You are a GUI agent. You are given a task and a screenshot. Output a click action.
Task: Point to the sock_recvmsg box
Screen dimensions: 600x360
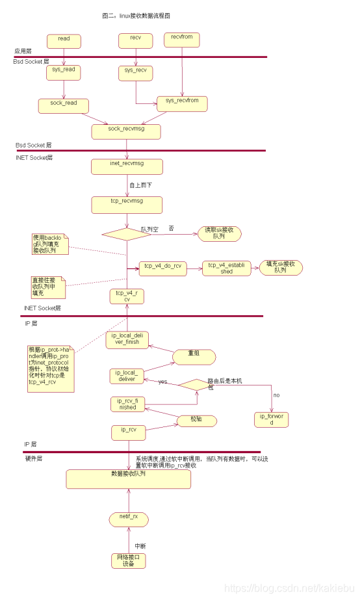coord(126,131)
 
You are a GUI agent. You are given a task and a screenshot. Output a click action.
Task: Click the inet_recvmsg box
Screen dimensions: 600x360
coord(127,166)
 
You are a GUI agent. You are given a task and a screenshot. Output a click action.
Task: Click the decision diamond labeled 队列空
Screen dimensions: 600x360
coord(126,233)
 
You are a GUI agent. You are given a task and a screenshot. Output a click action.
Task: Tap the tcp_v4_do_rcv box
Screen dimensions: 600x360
coord(162,268)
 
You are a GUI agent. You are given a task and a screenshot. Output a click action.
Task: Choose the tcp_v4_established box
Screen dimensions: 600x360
coord(226,268)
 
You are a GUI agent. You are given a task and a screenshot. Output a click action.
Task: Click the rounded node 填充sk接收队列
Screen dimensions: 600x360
coord(281,267)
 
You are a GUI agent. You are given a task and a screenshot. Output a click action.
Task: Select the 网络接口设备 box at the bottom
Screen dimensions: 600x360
coord(127,560)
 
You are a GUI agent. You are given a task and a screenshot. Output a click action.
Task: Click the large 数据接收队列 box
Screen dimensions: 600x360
coord(128,478)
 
